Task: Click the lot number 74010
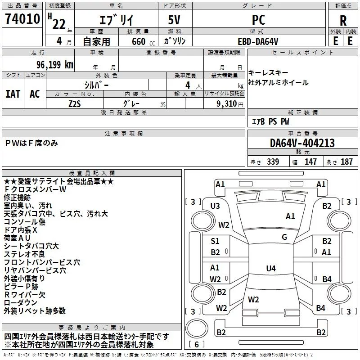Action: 22,18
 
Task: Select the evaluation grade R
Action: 343,21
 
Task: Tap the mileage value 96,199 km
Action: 55,65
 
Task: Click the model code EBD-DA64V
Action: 258,41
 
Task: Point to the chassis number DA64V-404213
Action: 302,143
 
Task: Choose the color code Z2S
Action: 75,104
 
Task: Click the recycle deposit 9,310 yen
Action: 230,104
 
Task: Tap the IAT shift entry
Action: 13,94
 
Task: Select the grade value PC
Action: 258,20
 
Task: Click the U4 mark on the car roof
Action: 271,268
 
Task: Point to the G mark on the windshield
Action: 284,237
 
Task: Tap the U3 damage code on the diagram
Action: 215,206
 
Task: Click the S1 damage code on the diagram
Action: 215,241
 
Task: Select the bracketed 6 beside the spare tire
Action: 197,344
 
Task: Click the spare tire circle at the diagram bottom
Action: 197,328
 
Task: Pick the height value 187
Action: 346,162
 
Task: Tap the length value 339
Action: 273,162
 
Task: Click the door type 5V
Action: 174,20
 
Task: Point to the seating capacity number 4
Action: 188,85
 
